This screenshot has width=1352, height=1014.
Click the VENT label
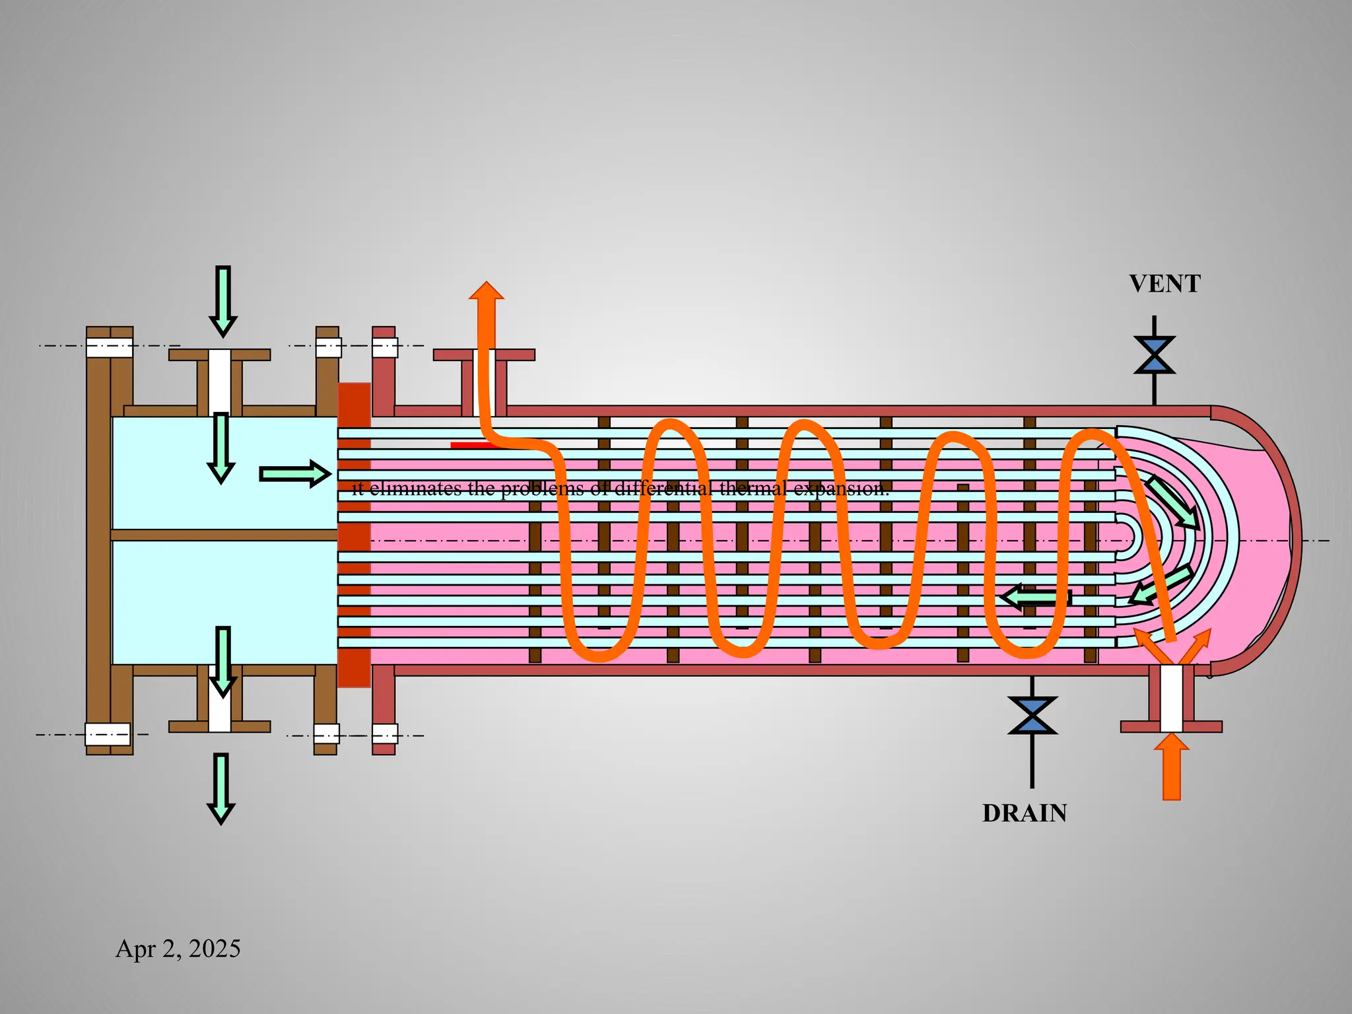[x=1165, y=284]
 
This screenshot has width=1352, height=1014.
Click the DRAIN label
[x=1025, y=813]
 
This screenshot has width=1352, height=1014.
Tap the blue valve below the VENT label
[x=1154, y=355]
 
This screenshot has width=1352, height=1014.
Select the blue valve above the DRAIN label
[x=1032, y=716]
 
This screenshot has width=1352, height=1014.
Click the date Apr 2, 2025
[x=178, y=949]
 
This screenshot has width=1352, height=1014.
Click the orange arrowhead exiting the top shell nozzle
[x=487, y=292]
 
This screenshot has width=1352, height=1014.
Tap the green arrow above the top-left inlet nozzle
[x=223, y=300]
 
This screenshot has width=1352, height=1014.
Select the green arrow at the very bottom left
[x=221, y=788]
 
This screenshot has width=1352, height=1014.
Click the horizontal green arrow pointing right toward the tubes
[x=294, y=474]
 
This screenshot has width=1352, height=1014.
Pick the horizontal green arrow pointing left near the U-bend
[x=1035, y=597]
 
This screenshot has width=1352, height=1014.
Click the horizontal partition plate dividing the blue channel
[x=224, y=535]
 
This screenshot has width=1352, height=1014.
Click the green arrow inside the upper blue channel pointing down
[x=221, y=448]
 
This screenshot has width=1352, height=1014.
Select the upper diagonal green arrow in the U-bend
[x=1172, y=502]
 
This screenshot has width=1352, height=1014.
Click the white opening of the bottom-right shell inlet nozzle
[x=1172, y=698]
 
